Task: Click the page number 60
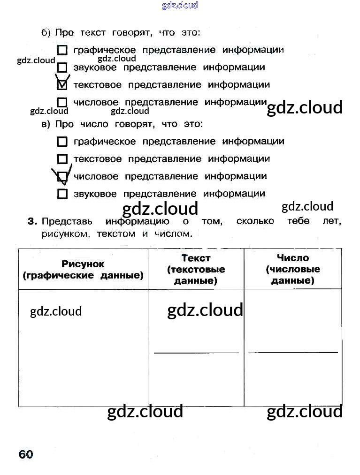[26, 454]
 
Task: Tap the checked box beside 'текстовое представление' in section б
[62, 85]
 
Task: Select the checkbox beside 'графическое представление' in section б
[62, 50]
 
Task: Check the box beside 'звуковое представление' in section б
[62, 68]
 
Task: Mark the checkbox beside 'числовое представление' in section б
[62, 102]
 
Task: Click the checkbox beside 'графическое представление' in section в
[62, 142]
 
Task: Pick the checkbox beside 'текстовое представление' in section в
[62, 159]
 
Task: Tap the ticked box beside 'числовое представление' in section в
[62, 177]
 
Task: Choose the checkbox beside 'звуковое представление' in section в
[62, 194]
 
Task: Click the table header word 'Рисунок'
[83, 264]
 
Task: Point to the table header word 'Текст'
[196, 258]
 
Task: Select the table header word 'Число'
[293, 258]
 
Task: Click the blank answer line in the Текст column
[196, 352]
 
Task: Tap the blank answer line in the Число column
[293, 352]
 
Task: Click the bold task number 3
[32, 221]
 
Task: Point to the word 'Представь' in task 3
[67, 221]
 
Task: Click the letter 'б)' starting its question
[46, 33]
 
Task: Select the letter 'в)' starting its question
[46, 124]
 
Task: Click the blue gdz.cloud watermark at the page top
[180, 5]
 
